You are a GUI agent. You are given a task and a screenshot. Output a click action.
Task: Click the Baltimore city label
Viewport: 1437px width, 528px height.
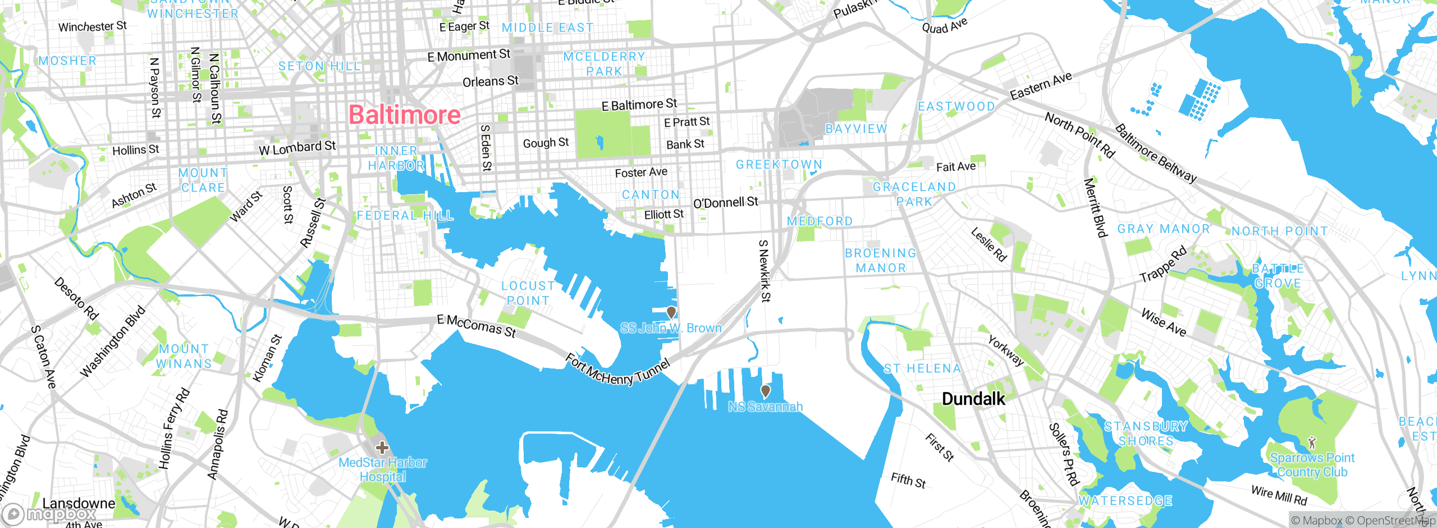[405, 115]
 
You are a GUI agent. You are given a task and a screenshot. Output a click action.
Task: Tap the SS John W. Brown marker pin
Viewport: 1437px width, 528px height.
[671, 312]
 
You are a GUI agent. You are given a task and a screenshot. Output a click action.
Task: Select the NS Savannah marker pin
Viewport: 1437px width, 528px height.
[765, 391]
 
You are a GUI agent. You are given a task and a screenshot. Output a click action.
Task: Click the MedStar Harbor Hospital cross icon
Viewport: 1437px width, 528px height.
[382, 448]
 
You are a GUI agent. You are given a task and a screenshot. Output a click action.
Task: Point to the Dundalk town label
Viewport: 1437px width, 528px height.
[973, 399]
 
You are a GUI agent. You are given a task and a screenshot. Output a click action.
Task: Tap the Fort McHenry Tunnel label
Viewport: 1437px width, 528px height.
[617, 371]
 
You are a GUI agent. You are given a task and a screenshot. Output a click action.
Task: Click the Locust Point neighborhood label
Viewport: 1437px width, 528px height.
[528, 293]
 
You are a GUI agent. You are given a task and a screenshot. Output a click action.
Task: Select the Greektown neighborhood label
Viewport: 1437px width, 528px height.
[779, 165]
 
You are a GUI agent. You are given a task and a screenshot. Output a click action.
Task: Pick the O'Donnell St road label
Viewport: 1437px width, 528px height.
[725, 203]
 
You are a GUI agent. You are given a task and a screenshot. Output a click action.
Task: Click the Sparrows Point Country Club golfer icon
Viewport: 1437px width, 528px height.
[1312, 443]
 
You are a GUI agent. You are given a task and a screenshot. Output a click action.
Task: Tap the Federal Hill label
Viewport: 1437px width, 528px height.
[405, 216]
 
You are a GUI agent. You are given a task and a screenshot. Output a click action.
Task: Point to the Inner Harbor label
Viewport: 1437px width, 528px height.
[396, 158]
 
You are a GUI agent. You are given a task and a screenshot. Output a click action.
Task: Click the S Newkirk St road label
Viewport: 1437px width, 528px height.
[765, 271]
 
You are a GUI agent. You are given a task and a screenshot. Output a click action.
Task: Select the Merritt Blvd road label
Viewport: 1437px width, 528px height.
[1095, 207]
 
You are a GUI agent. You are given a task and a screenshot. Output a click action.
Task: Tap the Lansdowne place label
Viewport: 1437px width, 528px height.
[79, 503]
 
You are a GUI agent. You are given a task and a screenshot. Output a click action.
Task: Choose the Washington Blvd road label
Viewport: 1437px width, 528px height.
[112, 342]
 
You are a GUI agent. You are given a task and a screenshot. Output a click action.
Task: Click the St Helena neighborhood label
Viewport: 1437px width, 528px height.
[922, 369]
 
